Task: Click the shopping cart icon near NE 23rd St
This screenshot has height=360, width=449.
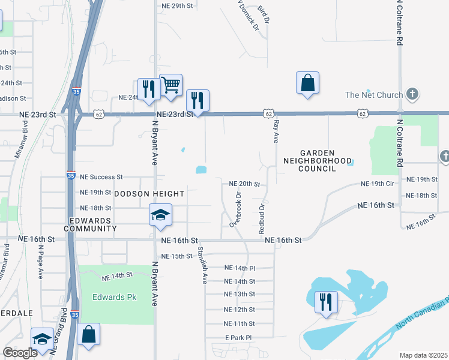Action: pyautogui.click(x=171, y=86)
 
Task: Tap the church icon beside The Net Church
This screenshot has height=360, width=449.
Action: pyautogui.click(x=412, y=94)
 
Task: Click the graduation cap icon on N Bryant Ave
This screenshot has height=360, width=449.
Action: pyautogui.click(x=160, y=215)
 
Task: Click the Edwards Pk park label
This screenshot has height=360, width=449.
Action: pyautogui.click(x=115, y=297)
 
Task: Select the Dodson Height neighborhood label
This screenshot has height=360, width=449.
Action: pyautogui.click(x=149, y=194)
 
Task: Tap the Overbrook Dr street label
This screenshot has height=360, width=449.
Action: pyautogui.click(x=235, y=209)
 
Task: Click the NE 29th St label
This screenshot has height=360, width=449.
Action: pyautogui.click(x=179, y=5)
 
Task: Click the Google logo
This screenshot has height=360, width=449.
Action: pyautogui.click(x=20, y=353)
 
